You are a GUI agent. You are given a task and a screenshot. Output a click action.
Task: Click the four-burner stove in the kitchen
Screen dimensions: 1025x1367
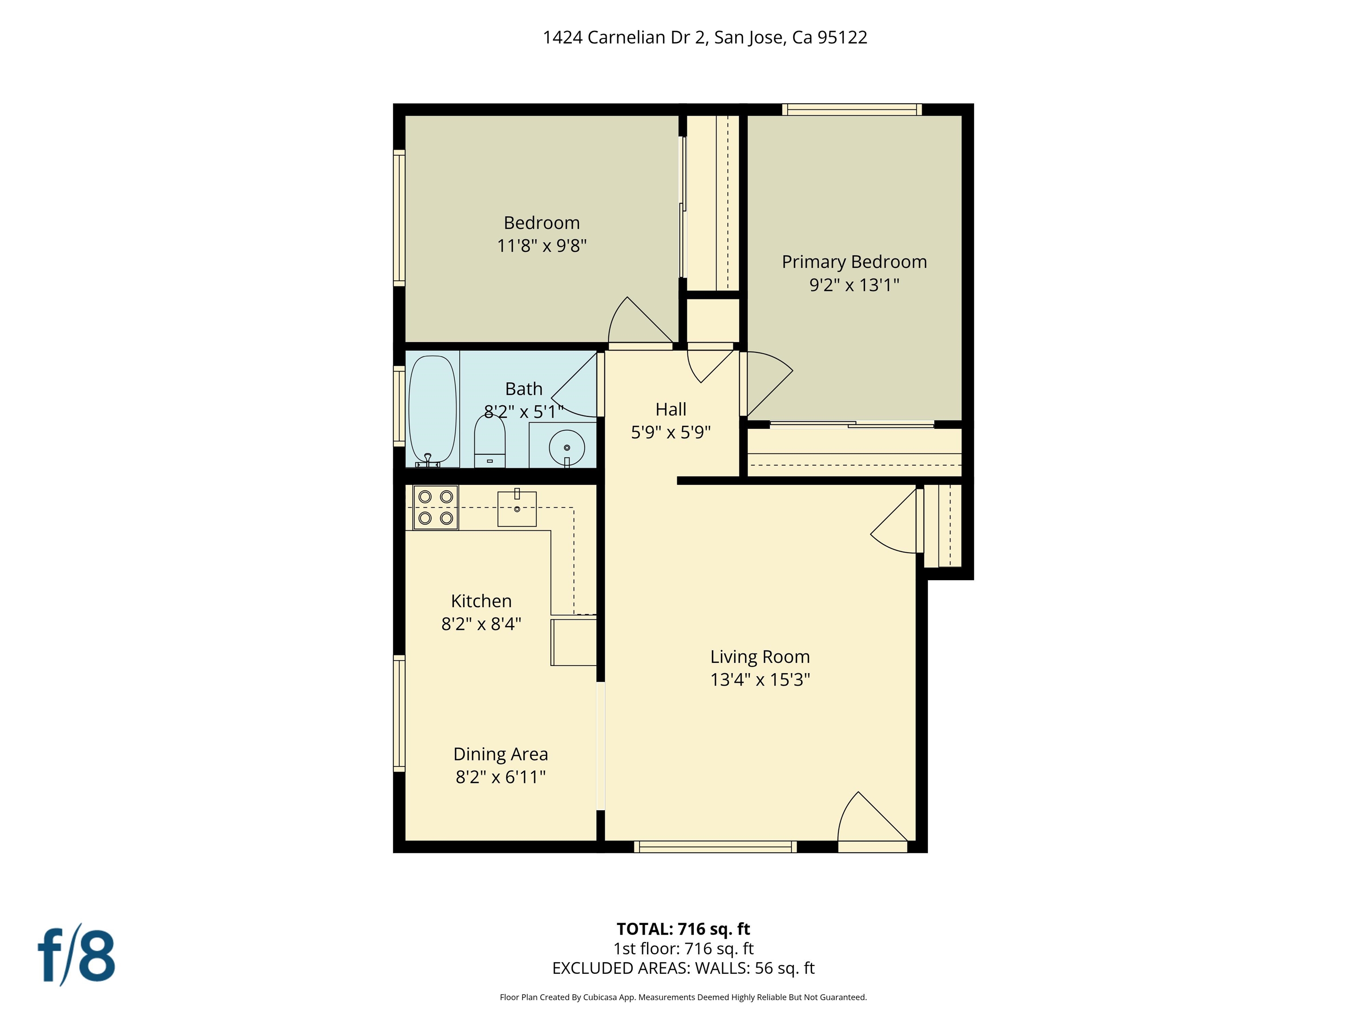(x=435, y=507)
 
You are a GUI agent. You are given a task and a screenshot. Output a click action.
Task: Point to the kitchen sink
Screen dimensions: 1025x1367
(x=517, y=508)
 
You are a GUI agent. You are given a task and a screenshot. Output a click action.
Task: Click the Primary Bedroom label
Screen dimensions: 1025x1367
(x=854, y=262)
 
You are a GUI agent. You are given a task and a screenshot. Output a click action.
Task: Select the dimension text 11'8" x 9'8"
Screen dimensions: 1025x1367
(x=542, y=246)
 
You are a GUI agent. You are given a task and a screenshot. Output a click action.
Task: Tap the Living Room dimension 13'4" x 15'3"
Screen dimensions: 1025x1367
(x=760, y=680)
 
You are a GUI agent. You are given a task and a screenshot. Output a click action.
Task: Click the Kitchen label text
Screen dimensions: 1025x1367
(x=481, y=601)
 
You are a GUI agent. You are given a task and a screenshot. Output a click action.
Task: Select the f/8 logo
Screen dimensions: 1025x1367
(x=77, y=955)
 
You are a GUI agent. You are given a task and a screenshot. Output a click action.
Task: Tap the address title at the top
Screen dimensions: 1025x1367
(x=704, y=38)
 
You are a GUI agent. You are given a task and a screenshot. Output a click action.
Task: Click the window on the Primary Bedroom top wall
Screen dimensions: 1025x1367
(x=852, y=110)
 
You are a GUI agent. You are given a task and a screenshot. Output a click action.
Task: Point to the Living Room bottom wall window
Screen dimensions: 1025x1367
(x=715, y=847)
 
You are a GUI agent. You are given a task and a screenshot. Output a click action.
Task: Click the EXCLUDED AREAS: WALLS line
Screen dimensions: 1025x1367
(x=683, y=968)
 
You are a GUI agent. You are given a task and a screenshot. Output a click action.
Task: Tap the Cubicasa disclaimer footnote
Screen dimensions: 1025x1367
(x=683, y=997)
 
